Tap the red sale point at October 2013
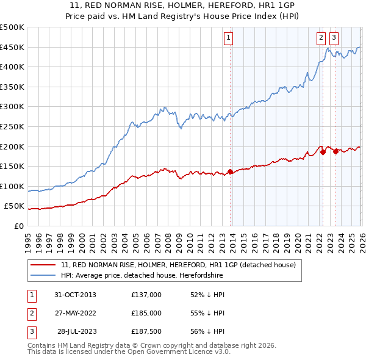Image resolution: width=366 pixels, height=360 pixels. [230, 171]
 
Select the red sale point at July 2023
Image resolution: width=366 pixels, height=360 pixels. [335, 151]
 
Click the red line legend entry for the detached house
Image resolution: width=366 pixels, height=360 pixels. [178, 265]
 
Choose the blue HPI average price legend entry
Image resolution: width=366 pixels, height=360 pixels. [142, 276]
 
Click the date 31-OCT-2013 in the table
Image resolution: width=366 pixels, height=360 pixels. [75, 295]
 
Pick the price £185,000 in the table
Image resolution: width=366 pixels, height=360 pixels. [146, 313]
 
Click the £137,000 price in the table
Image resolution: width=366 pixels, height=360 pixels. [146, 295]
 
